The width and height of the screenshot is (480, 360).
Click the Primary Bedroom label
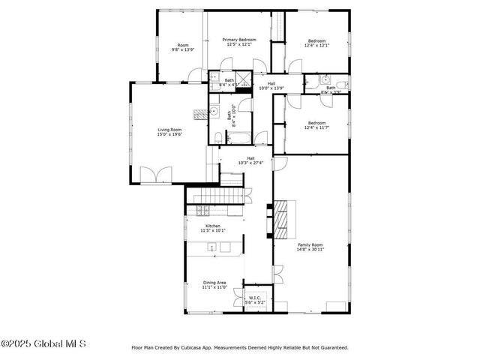click(x=238, y=40)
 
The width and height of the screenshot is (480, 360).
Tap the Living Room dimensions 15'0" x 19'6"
click(x=169, y=135)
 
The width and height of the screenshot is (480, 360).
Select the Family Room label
click(x=310, y=245)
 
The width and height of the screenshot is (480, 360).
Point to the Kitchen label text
click(x=213, y=226)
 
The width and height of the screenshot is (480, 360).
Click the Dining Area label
click(x=214, y=283)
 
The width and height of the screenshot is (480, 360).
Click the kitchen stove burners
click(x=200, y=211)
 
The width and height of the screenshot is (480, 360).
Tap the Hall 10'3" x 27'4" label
click(x=250, y=160)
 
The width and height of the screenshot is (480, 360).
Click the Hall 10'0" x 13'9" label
click(x=271, y=85)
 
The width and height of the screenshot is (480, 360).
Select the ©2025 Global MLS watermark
click(x=43, y=343)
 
